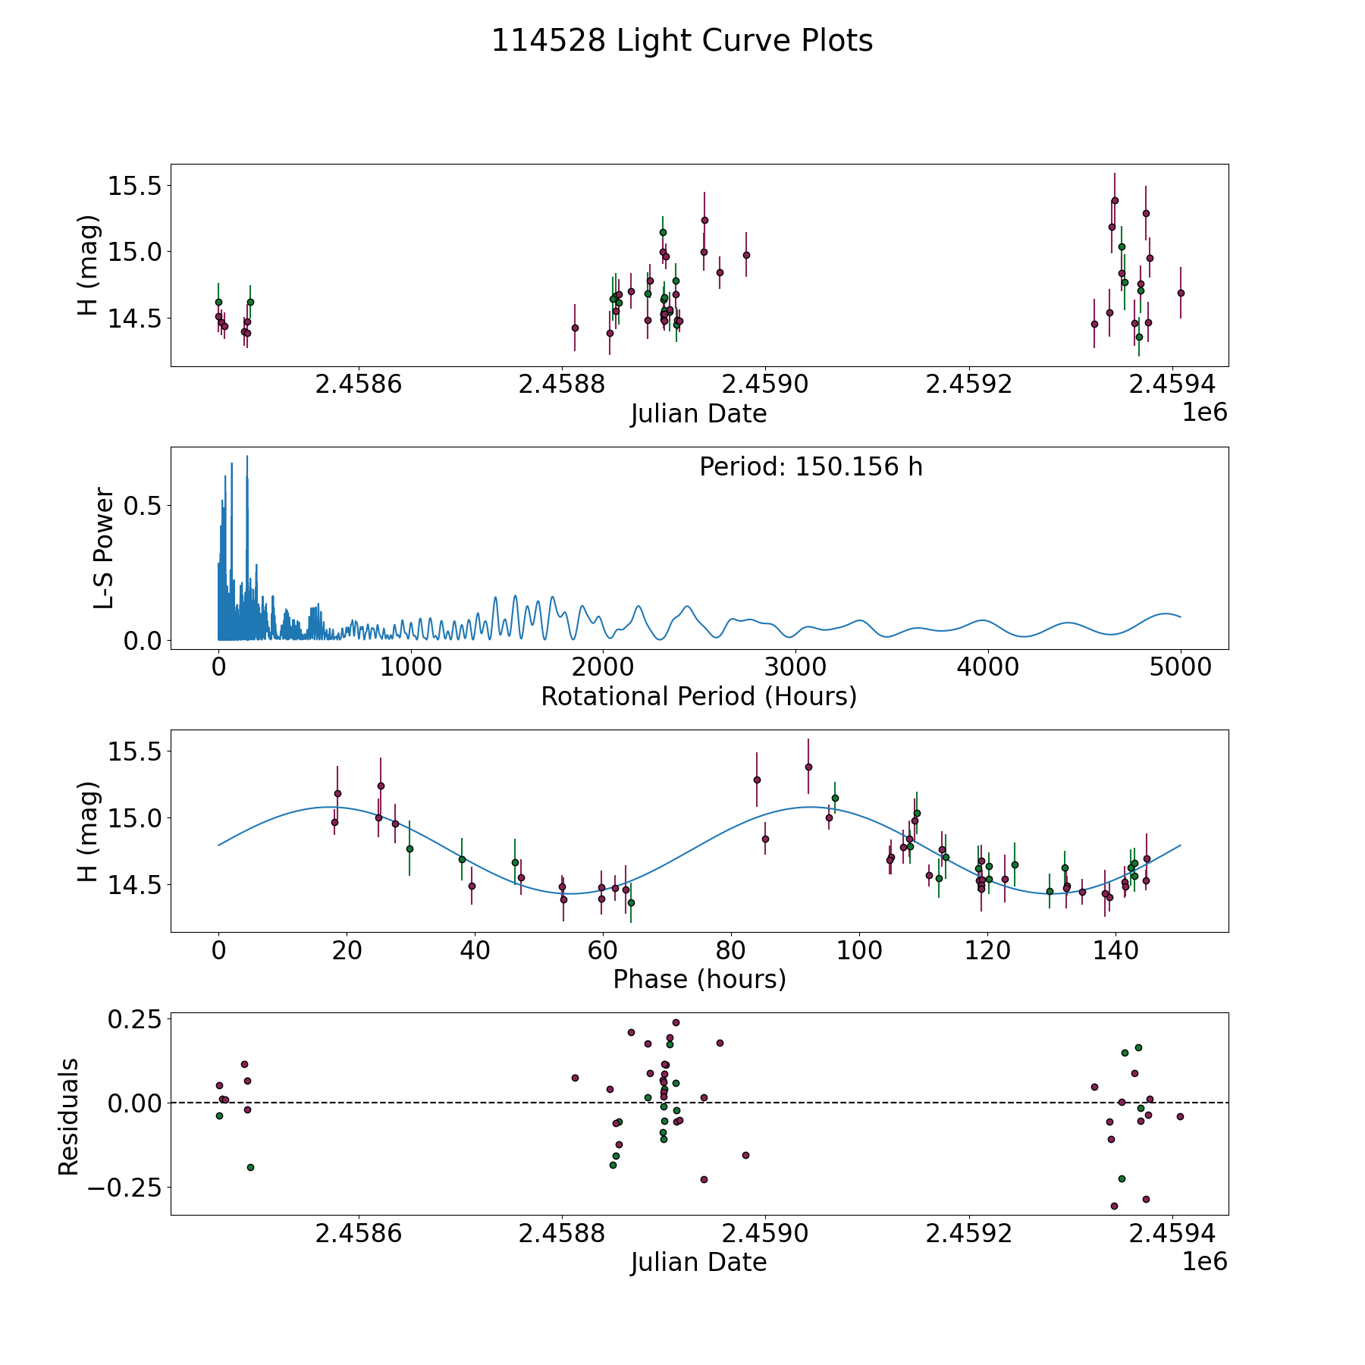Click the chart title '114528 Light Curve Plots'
point(682,41)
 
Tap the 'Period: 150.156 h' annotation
point(811,467)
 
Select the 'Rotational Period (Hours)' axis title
point(698,696)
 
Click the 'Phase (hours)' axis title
point(698,979)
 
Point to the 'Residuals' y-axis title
point(69,1116)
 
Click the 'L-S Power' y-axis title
point(104,548)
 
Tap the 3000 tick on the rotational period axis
point(795,667)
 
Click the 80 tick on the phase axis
point(731,950)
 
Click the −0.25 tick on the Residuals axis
point(124,1187)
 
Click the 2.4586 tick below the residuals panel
point(358,1233)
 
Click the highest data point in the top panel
point(1115,201)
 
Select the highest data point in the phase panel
point(808,767)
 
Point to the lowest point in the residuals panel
point(1114,1206)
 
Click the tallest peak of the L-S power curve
point(247,457)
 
